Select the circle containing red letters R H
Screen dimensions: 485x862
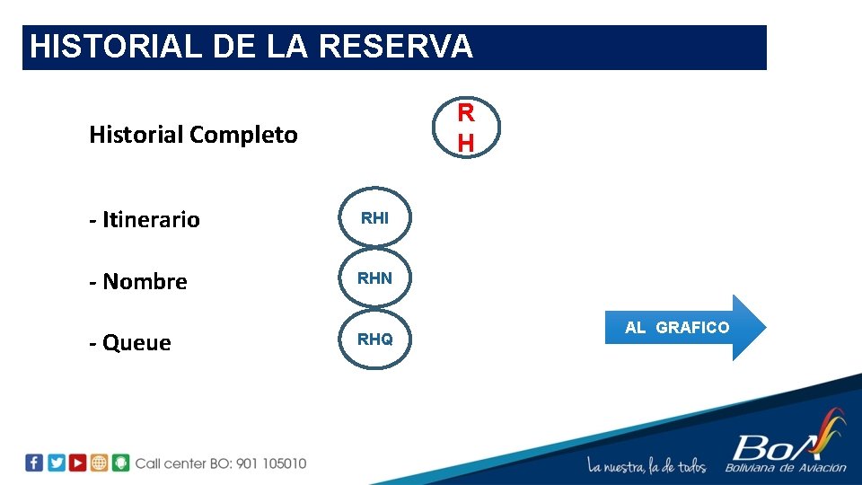point(465,128)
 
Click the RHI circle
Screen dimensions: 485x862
point(374,217)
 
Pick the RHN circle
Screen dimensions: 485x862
point(374,278)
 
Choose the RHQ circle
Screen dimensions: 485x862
point(374,339)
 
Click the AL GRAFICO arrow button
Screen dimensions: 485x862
point(682,328)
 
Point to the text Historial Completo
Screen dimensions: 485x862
point(193,135)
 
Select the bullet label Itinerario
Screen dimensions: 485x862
point(151,220)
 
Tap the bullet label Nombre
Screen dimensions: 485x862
point(145,281)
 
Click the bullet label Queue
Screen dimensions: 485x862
point(136,343)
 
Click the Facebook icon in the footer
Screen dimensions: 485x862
point(34,463)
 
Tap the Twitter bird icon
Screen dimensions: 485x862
point(56,463)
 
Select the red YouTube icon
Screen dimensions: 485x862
point(77,463)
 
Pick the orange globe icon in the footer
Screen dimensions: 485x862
point(99,463)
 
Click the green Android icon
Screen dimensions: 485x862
point(120,463)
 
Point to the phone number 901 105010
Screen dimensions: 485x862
point(270,463)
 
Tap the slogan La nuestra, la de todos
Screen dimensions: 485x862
point(646,465)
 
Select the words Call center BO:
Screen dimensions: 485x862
point(183,463)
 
